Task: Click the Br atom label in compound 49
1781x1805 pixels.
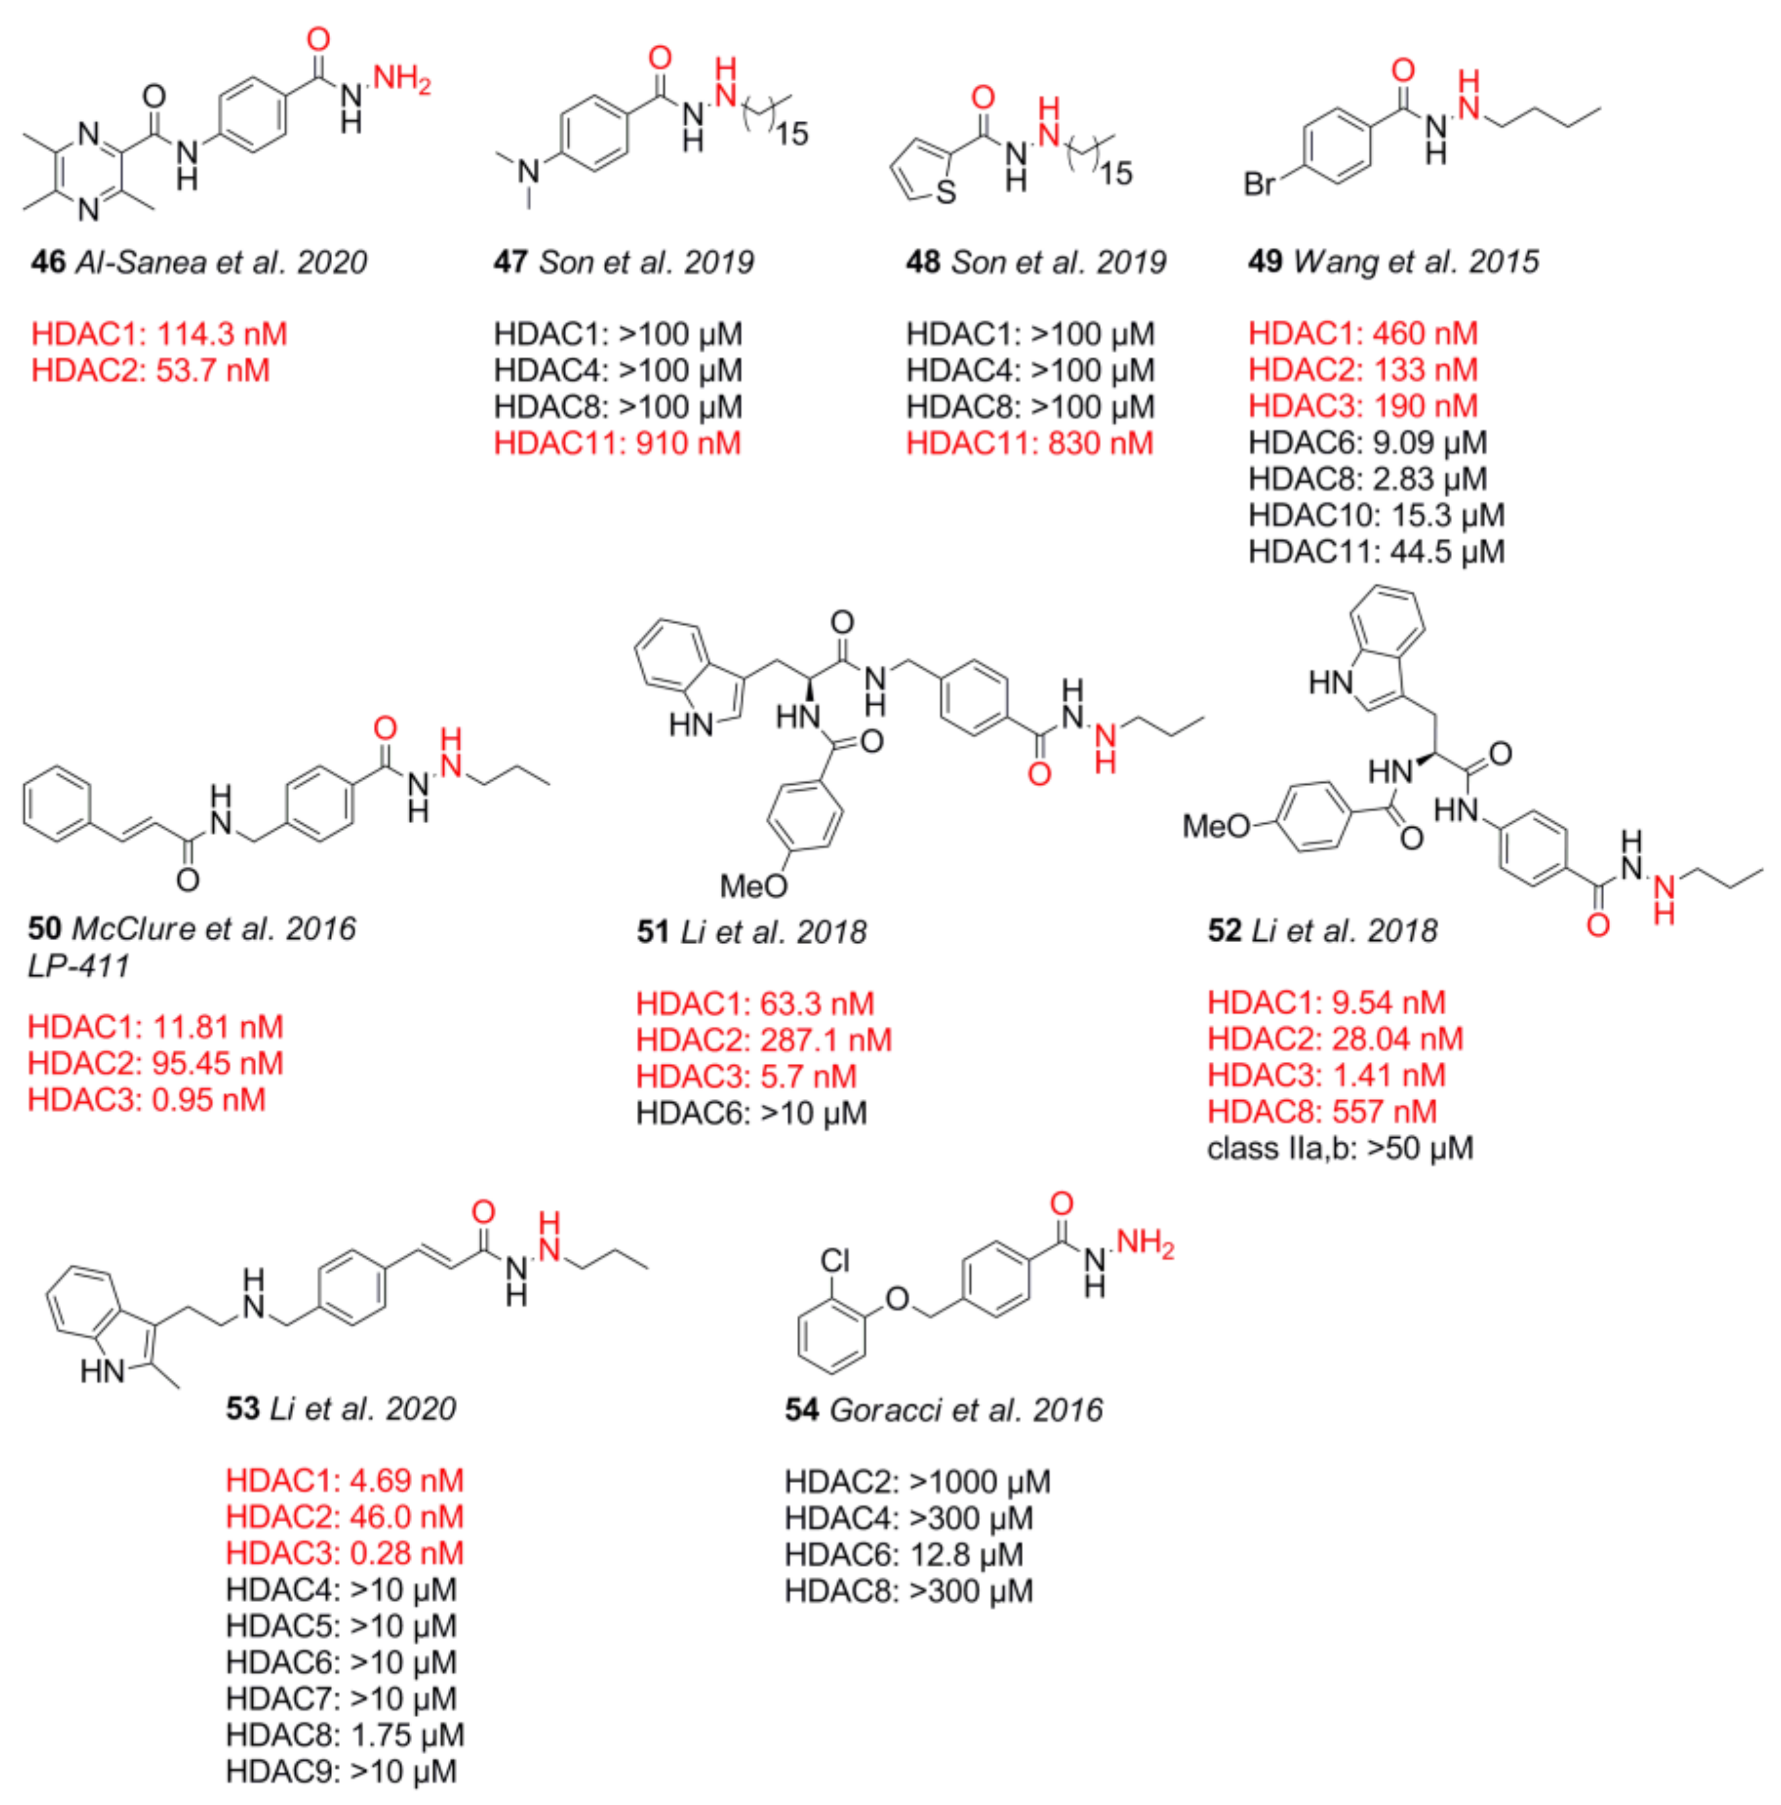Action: coord(1259,184)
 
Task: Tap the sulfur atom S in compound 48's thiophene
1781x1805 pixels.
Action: coord(946,192)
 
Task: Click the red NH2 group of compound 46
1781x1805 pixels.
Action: coord(402,79)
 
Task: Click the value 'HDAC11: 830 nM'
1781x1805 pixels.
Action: coord(1029,443)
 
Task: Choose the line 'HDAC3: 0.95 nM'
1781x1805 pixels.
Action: coord(147,1100)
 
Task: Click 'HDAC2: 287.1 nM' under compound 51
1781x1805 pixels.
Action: coord(763,1040)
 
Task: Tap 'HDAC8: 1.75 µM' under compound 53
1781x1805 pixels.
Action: coord(344,1735)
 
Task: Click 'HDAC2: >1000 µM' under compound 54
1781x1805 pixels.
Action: coord(917,1481)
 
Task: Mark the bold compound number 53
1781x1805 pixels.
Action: coord(242,1408)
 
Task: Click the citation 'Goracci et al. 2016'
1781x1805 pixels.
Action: coord(966,1409)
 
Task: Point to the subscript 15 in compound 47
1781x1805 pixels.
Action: coord(791,133)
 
